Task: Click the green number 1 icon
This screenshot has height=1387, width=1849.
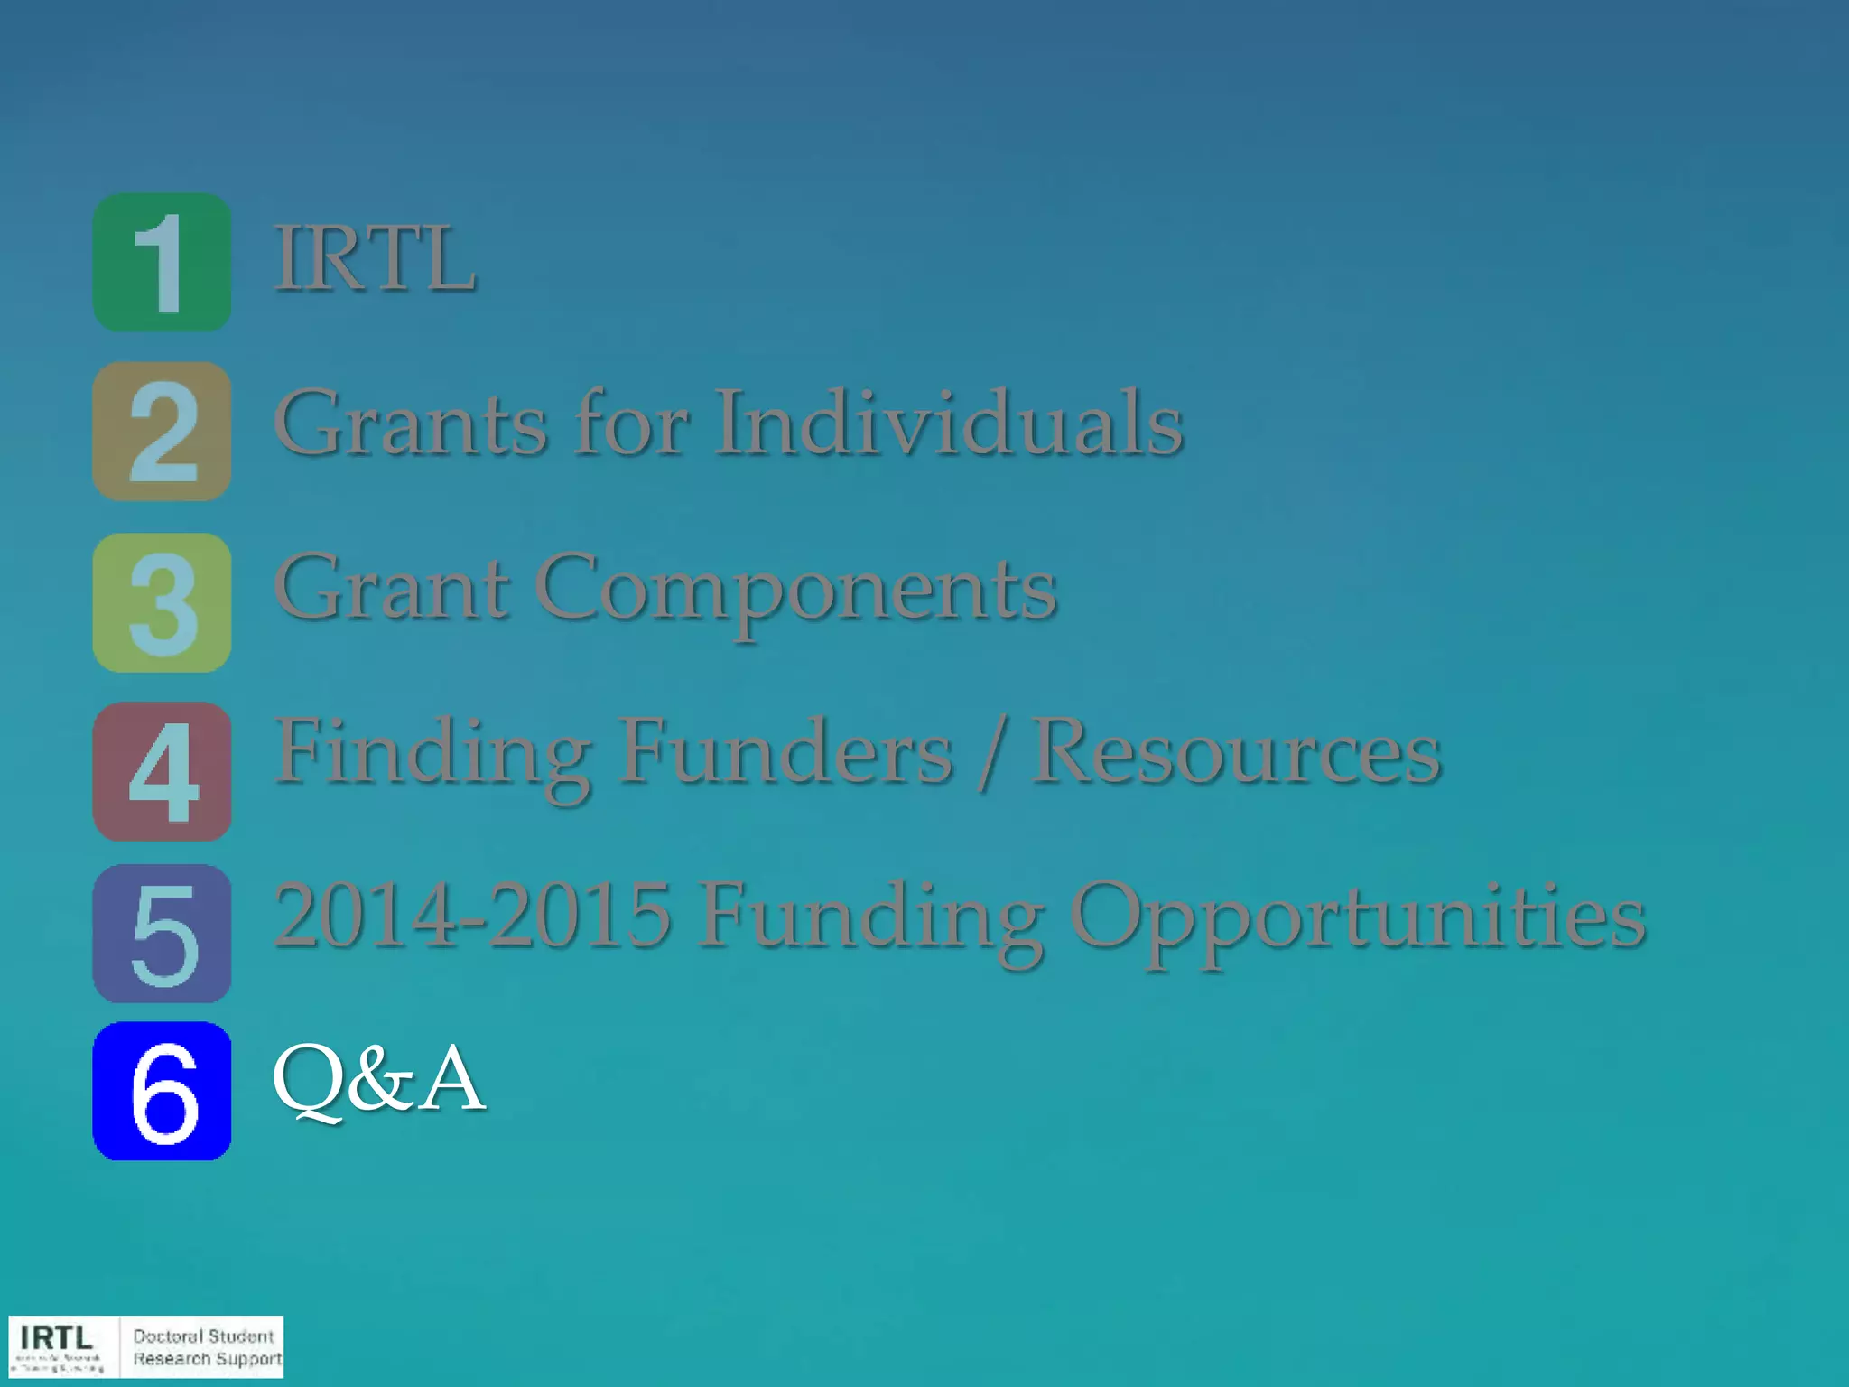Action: (x=162, y=262)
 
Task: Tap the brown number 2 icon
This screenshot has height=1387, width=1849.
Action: (x=162, y=431)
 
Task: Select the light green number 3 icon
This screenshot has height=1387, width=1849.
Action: (x=162, y=601)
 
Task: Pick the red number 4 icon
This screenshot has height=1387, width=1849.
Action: (x=162, y=771)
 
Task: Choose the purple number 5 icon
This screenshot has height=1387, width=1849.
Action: (x=162, y=933)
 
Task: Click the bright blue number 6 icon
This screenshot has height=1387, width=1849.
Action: (x=162, y=1091)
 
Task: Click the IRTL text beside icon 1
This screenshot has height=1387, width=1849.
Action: (x=375, y=259)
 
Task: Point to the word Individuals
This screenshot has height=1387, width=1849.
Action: (x=949, y=423)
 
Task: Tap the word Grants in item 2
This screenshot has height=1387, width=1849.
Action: (x=412, y=423)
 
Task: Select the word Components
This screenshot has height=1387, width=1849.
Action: (x=796, y=589)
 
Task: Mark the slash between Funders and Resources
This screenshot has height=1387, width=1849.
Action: (x=992, y=754)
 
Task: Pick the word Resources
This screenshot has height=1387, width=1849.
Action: (x=1236, y=752)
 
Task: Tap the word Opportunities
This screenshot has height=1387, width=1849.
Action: (x=1358, y=917)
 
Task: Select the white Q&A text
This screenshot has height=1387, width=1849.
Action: (x=378, y=1078)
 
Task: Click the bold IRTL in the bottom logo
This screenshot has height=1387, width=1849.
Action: (x=56, y=1337)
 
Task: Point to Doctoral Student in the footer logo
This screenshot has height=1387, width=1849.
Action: (x=203, y=1336)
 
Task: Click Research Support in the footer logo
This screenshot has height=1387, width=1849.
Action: (x=207, y=1359)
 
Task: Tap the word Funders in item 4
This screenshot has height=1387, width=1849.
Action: (x=785, y=752)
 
